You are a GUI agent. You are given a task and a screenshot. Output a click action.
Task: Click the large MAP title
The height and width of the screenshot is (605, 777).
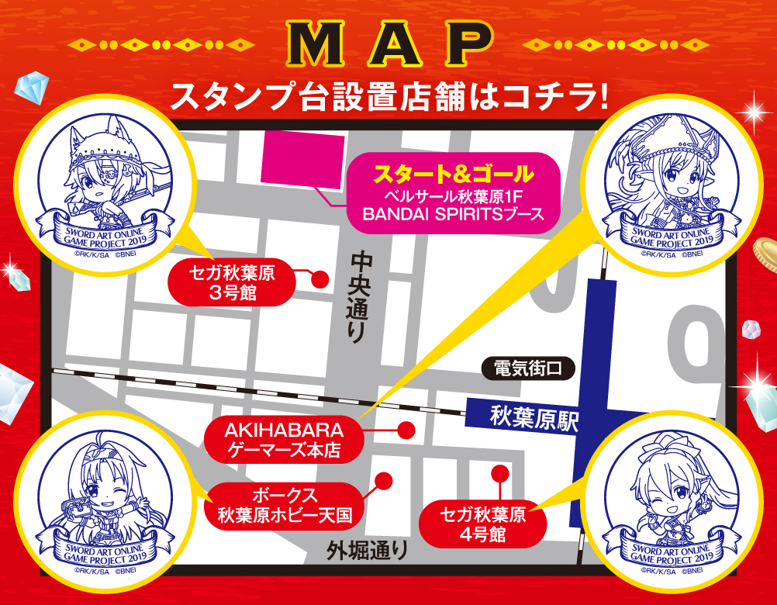click(388, 47)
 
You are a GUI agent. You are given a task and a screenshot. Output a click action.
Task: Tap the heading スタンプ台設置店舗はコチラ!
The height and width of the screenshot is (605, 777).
click(388, 98)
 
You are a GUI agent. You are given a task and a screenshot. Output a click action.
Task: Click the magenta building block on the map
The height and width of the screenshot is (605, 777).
click(305, 160)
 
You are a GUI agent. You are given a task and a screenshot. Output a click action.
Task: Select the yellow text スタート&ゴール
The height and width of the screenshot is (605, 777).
click(454, 172)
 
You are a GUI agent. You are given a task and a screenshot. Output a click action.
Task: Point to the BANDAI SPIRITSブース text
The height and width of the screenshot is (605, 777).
click(454, 214)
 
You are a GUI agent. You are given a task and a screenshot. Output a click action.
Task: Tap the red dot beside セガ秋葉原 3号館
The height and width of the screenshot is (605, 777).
click(317, 279)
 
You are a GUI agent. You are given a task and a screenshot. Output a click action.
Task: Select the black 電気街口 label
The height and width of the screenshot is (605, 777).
click(527, 368)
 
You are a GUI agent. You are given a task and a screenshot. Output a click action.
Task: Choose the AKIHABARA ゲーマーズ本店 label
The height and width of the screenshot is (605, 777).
click(283, 439)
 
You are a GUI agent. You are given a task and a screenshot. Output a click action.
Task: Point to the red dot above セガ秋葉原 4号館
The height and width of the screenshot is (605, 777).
click(499, 472)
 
